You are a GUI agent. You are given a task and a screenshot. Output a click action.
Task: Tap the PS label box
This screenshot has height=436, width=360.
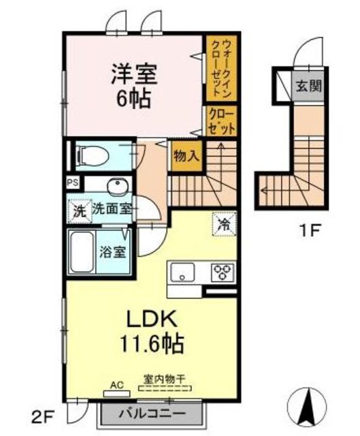pos(73,183)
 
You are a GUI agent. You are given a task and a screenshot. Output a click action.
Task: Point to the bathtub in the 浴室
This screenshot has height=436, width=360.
pos(82,252)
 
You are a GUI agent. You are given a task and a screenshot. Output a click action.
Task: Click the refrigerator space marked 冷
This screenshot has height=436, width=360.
pos(225,224)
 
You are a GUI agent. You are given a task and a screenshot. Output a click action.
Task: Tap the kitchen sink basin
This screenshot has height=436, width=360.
pos(182,272)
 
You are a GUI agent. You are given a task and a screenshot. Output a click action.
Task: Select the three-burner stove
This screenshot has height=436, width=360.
pos(223,272)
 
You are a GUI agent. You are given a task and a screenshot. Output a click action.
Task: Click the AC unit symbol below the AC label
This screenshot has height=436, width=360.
pos(116,394)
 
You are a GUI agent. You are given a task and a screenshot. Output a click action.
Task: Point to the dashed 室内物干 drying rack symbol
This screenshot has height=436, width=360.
pos(165,388)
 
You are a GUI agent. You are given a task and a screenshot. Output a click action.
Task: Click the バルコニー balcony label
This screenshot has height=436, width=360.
pos(152,414)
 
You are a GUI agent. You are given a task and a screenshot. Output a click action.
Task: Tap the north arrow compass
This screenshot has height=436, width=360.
pos(307,406)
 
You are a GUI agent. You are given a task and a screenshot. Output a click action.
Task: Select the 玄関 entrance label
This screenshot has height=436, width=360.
pos(308,86)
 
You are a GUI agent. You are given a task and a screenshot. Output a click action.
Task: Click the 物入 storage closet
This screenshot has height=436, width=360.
pos(186,156)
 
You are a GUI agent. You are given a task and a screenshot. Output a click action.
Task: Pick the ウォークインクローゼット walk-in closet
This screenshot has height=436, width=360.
pos(221,68)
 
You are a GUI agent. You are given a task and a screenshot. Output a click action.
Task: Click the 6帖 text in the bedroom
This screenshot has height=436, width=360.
pos(133,99)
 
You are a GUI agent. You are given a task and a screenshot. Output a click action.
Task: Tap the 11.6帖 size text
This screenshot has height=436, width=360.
pos(152,343)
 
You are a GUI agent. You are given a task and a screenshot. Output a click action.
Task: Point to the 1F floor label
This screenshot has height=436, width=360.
pos(309,230)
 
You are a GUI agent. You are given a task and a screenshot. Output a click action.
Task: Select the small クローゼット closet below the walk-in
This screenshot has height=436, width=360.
pos(221,121)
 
